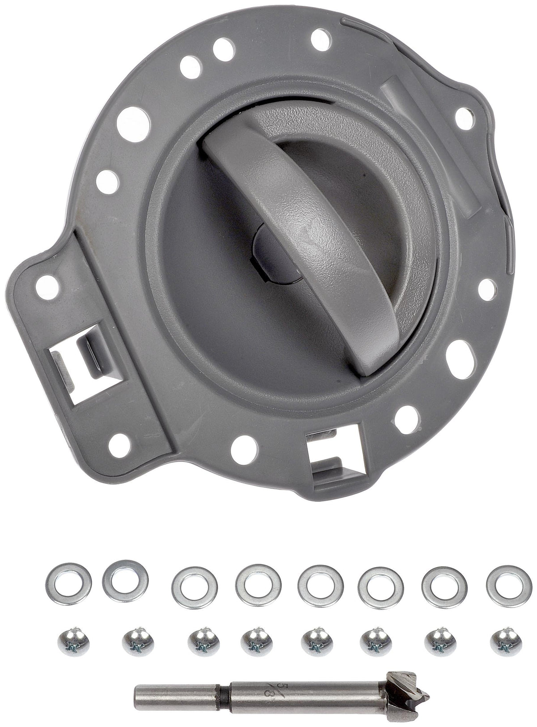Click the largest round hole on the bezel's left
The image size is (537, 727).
[x=133, y=124]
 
